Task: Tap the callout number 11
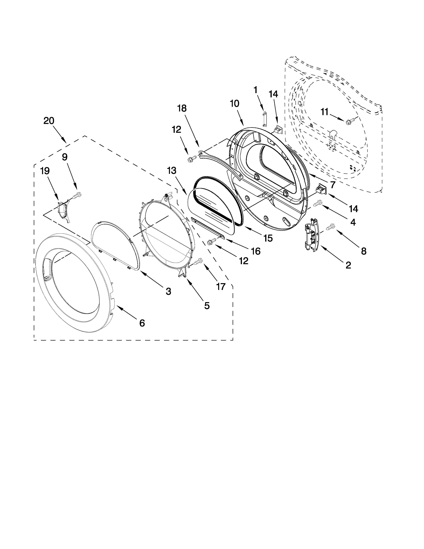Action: tap(325, 112)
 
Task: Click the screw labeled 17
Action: tap(198, 262)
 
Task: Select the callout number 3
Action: tap(168, 291)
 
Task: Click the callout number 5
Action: tap(207, 306)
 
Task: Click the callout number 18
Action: tap(182, 108)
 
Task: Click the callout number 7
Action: tap(333, 185)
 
